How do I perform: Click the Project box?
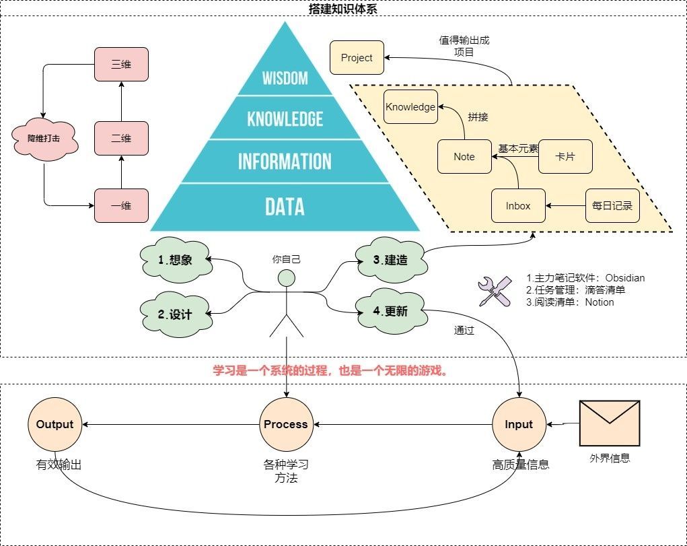click(357, 57)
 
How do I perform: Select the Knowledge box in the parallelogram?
click(410, 106)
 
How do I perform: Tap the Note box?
click(464, 157)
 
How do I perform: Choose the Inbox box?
click(518, 206)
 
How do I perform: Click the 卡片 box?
click(565, 157)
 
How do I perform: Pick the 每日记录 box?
click(612, 206)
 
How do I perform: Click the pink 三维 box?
click(121, 65)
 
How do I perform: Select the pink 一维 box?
click(121, 206)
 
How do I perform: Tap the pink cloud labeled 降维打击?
click(44, 139)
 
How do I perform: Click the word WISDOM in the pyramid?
click(285, 79)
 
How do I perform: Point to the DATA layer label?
click(285, 207)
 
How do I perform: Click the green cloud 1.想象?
click(176, 260)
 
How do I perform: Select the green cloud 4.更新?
click(391, 311)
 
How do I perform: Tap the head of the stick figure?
click(287, 278)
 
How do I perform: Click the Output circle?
click(55, 425)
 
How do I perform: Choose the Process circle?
click(286, 425)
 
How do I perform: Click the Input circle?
click(519, 425)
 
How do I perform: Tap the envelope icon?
click(610, 423)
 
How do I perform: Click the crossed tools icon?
click(495, 292)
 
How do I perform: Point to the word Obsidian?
click(625, 278)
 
